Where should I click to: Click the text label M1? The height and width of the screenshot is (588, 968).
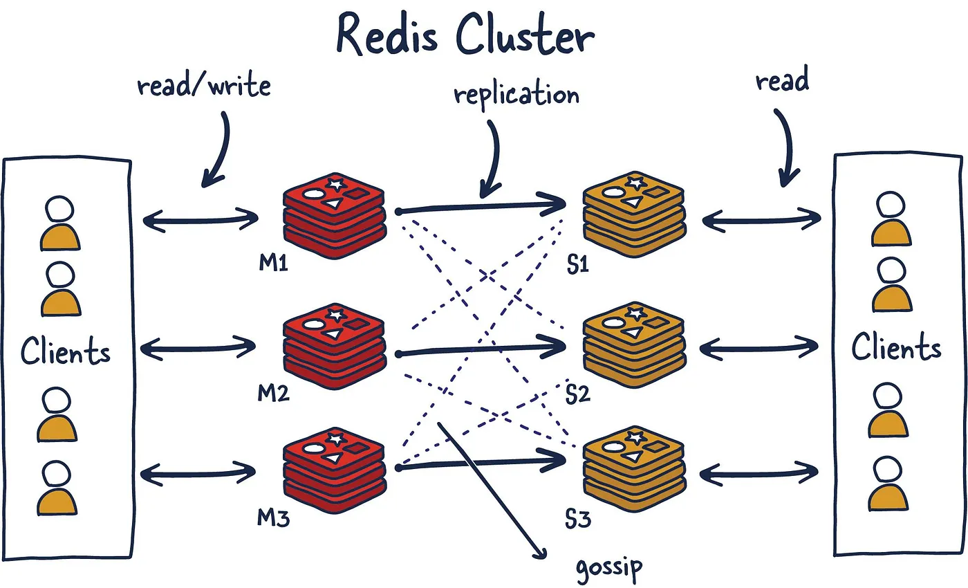(x=273, y=264)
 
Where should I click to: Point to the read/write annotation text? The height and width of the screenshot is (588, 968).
(x=203, y=86)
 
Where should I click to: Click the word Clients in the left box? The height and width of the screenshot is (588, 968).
(x=66, y=351)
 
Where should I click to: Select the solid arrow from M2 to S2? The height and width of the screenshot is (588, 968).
(x=484, y=349)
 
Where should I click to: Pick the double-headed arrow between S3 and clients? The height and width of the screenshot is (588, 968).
(x=759, y=472)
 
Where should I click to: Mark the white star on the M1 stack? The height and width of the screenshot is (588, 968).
(x=336, y=185)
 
